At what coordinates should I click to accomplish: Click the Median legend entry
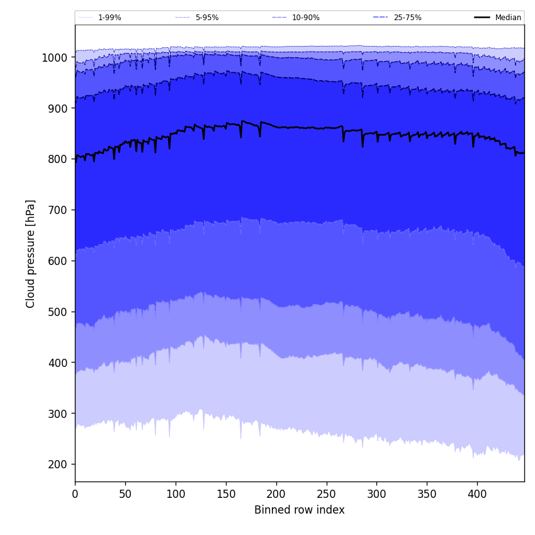508,18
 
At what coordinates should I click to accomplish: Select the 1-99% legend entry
110,18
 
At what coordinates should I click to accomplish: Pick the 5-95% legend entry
206,18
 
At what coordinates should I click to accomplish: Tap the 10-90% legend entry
305,18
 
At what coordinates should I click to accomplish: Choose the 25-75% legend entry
407,18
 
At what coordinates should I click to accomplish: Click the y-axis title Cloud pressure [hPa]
31,254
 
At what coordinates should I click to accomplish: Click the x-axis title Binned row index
300,510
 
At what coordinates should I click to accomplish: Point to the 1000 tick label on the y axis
55,57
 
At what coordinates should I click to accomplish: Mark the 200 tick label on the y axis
59,465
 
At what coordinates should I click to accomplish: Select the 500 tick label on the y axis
59,312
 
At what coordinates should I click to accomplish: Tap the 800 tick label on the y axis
59,159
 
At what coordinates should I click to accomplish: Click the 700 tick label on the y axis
59,210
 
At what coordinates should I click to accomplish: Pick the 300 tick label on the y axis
59,414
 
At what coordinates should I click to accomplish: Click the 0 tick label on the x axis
75,494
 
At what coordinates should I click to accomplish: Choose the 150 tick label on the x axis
226,494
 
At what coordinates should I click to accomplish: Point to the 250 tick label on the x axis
327,494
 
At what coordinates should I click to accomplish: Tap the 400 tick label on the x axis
477,494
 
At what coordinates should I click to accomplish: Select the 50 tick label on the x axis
125,494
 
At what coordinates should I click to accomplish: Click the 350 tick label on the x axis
427,494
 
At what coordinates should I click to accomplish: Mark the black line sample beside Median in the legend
482,18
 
